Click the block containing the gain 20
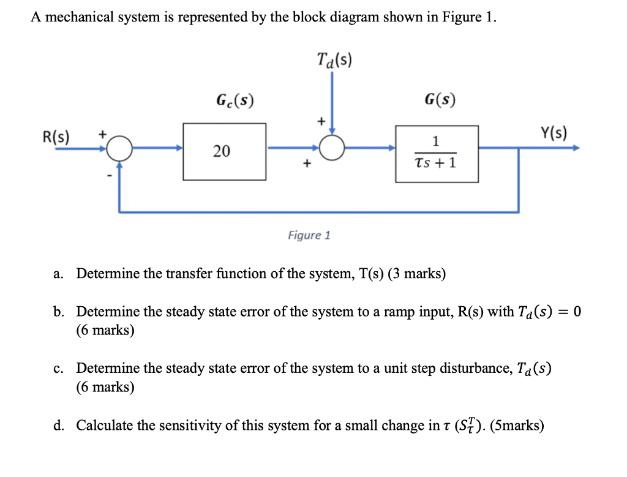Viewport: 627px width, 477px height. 224,151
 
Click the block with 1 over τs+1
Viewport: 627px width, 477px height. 436,154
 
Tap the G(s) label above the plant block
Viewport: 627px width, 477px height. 440,99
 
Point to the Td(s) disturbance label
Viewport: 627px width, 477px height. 334,60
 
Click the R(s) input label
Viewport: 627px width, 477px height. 56,135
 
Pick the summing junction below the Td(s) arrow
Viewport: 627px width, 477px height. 331,148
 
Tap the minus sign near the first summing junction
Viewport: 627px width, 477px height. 111,176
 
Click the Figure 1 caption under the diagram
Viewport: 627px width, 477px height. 309,235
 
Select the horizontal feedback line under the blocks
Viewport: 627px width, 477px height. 318,212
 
